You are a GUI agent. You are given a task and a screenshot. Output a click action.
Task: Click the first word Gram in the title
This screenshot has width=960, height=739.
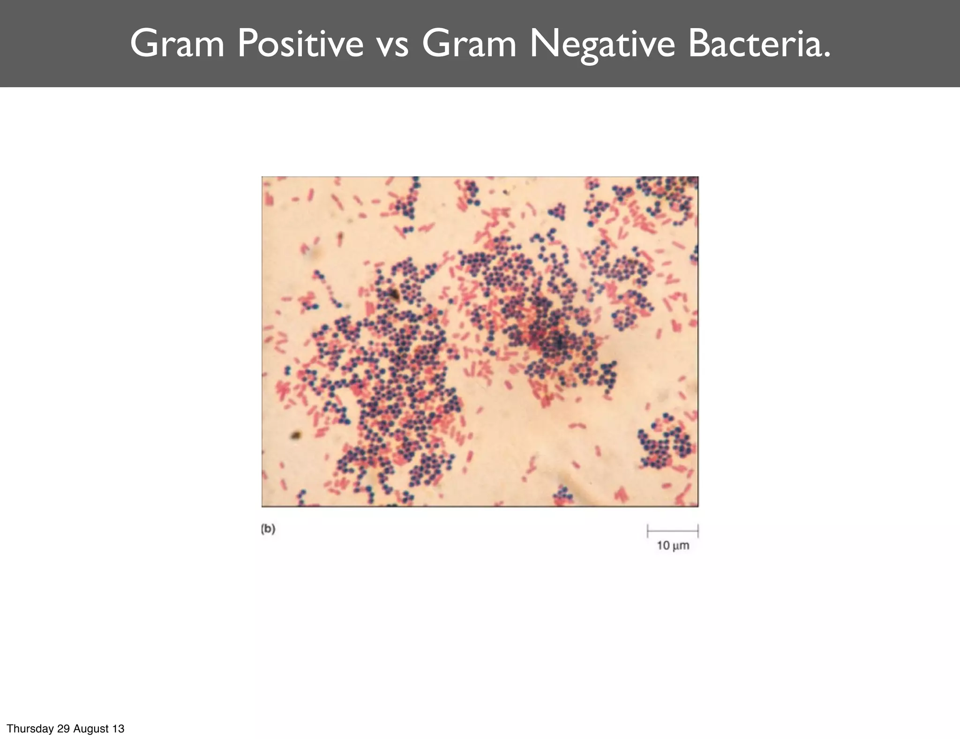pyautogui.click(x=177, y=44)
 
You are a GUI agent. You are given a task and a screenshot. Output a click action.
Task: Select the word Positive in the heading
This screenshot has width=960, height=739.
pyautogui.click(x=300, y=44)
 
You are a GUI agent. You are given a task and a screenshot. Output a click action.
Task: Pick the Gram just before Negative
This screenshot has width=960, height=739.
pyautogui.click(x=469, y=44)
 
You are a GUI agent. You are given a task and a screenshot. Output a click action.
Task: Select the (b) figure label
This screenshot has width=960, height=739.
pyautogui.click(x=268, y=529)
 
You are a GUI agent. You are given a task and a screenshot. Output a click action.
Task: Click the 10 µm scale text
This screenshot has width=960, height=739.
pyautogui.click(x=673, y=545)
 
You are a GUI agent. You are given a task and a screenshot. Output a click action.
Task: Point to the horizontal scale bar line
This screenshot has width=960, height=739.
pyautogui.click(x=673, y=531)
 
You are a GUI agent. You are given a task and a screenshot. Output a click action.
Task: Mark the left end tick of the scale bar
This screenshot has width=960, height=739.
pyautogui.click(x=648, y=531)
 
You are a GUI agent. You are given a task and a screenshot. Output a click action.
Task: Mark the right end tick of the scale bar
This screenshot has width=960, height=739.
pyautogui.click(x=698, y=531)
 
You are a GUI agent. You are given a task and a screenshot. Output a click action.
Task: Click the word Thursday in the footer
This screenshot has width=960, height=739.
pyautogui.click(x=30, y=729)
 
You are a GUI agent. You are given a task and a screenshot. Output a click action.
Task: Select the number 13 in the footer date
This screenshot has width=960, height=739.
pyautogui.click(x=118, y=729)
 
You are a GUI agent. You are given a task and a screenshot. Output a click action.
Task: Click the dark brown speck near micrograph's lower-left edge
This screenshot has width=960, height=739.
pyautogui.click(x=295, y=435)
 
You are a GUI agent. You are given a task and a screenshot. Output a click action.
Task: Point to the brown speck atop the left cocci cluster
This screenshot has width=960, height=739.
pyautogui.click(x=393, y=294)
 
